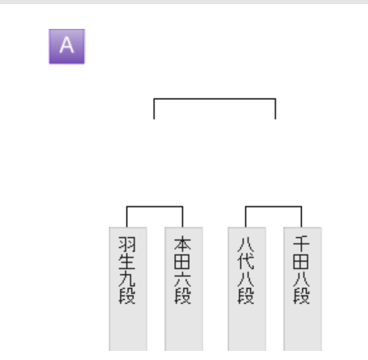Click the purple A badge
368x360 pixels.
click(x=67, y=46)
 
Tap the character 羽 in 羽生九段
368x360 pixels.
click(x=127, y=244)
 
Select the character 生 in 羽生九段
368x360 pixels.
click(x=127, y=262)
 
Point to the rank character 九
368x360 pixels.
click(x=127, y=279)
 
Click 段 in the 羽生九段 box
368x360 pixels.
click(x=127, y=296)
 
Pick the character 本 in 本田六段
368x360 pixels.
click(x=182, y=244)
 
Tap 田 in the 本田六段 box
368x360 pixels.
click(x=182, y=262)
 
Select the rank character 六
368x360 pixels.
click(x=182, y=279)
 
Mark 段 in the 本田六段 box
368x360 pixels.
click(x=182, y=296)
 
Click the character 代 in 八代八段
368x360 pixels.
click(x=246, y=262)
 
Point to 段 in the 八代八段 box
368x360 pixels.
click(x=246, y=296)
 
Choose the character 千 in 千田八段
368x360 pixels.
click(x=301, y=244)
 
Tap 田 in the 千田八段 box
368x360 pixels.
click(x=301, y=262)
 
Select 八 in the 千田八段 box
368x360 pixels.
click(x=301, y=279)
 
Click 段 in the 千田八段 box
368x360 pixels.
click(x=301, y=296)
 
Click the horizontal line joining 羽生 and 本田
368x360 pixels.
click(x=154, y=206)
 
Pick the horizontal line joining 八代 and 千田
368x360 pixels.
click(x=273, y=206)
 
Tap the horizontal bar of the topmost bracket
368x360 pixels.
click(x=215, y=98)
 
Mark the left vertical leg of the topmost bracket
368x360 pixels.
click(x=154, y=109)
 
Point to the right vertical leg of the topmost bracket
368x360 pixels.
click(x=276, y=109)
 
